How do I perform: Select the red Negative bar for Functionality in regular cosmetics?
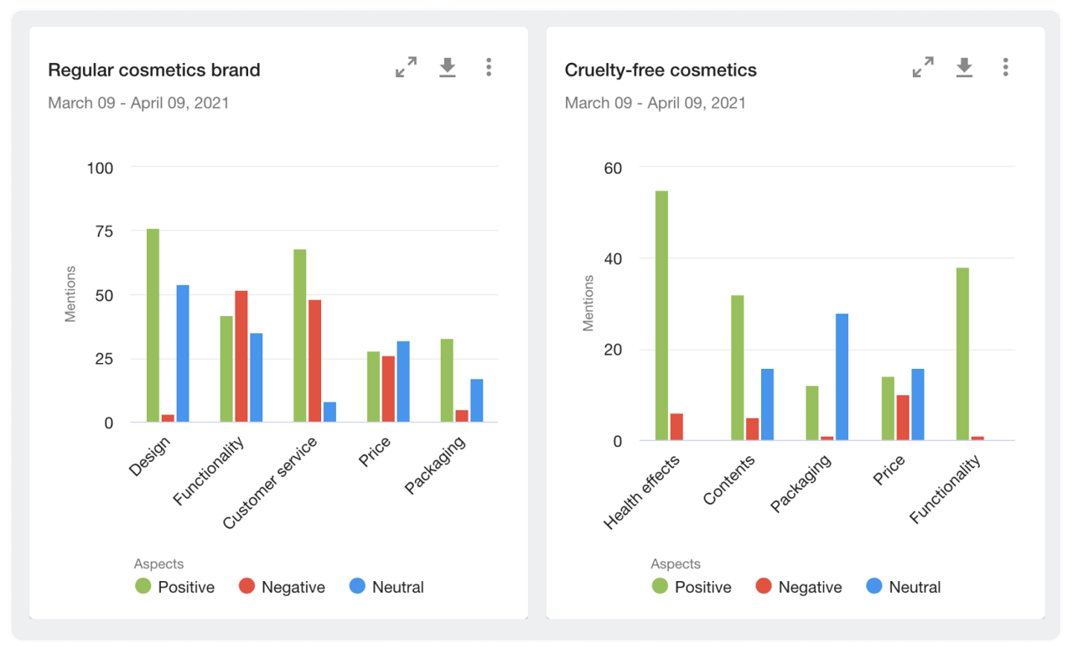(241, 356)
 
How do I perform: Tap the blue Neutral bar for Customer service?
(329, 412)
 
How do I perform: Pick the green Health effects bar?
(661, 315)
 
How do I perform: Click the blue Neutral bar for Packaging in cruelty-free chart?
(842, 377)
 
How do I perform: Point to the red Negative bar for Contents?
(752, 429)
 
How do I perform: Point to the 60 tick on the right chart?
(613, 168)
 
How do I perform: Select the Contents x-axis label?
(730, 480)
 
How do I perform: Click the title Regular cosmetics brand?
(154, 70)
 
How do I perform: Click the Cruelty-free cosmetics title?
(661, 70)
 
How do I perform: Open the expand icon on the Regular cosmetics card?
(406, 68)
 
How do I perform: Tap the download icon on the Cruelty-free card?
(964, 68)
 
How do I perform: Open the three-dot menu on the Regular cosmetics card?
(489, 68)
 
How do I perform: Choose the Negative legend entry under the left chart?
(282, 587)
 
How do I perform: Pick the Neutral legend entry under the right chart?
(903, 587)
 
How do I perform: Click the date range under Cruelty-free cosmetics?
(655, 103)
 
